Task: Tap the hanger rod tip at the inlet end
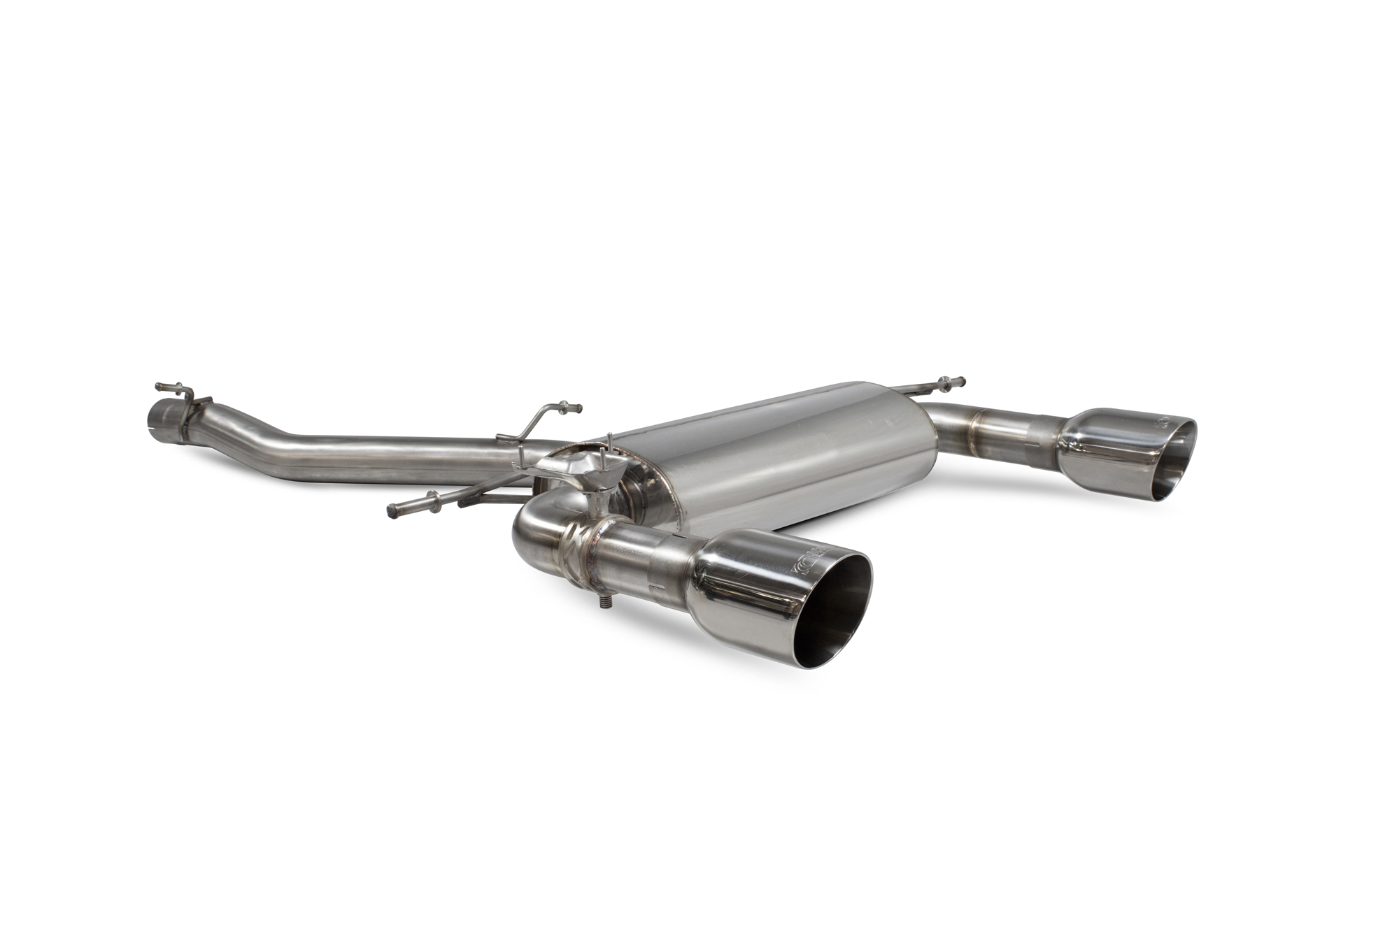(159, 387)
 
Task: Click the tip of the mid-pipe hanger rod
(578, 407)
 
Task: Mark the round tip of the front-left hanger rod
(390, 512)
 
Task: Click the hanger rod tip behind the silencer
(963, 381)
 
